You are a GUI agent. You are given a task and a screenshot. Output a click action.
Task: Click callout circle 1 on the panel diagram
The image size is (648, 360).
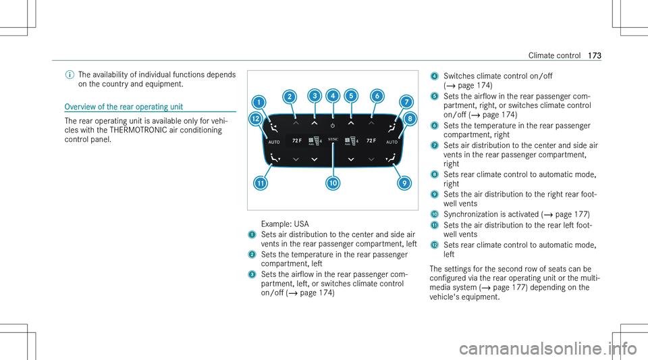259,102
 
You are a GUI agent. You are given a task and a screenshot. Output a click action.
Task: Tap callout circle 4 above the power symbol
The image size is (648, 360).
333,96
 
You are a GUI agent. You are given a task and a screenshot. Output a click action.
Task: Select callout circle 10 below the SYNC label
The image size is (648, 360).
333,183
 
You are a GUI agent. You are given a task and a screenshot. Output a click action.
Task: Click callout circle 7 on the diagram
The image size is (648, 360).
406,102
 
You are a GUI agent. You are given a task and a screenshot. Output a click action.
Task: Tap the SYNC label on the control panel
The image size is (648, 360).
333,140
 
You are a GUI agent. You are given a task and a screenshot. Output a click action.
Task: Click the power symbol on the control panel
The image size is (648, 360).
333,125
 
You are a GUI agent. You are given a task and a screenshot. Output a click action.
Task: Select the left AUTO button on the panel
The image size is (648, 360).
273,143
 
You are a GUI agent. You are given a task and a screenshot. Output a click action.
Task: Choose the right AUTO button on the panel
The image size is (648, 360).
392,143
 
